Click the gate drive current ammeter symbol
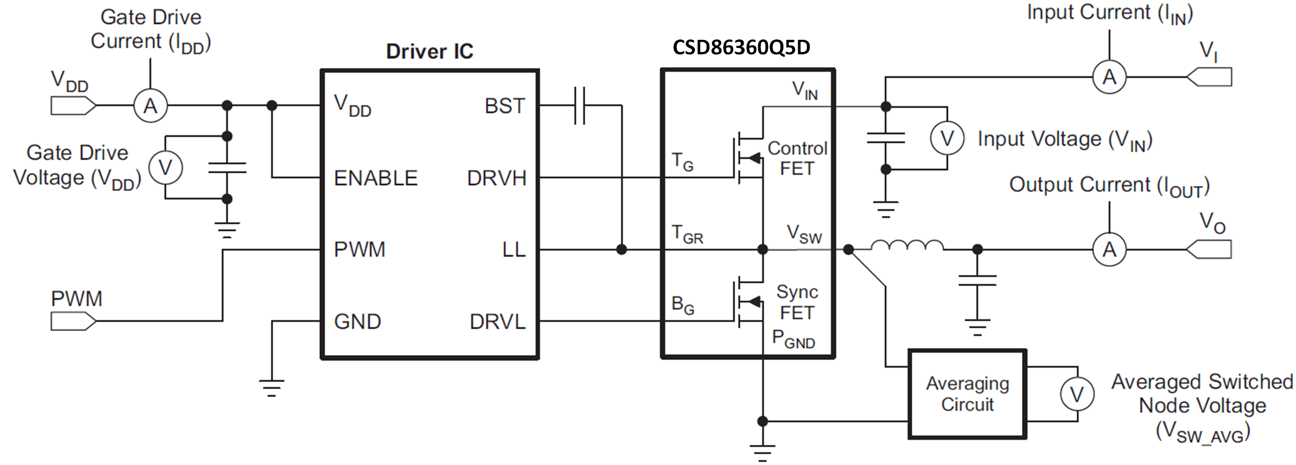click(x=150, y=106)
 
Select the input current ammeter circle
click(x=1109, y=77)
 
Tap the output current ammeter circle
click(x=1109, y=249)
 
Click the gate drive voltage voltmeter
click(x=165, y=167)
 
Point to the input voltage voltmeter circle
click(x=947, y=138)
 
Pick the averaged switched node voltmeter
click(x=1077, y=394)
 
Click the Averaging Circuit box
click(x=967, y=394)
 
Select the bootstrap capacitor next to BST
click(x=580, y=106)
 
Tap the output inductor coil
click(x=907, y=246)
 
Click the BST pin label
click(x=504, y=106)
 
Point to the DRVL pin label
click(x=497, y=321)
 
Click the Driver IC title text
click(x=429, y=51)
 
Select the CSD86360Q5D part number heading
click(x=741, y=47)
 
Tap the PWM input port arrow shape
click(x=73, y=321)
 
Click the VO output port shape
click(x=1209, y=249)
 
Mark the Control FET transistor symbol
click(x=748, y=157)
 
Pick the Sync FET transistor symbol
click(x=748, y=301)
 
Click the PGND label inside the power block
click(x=793, y=339)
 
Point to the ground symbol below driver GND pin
click(x=271, y=387)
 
